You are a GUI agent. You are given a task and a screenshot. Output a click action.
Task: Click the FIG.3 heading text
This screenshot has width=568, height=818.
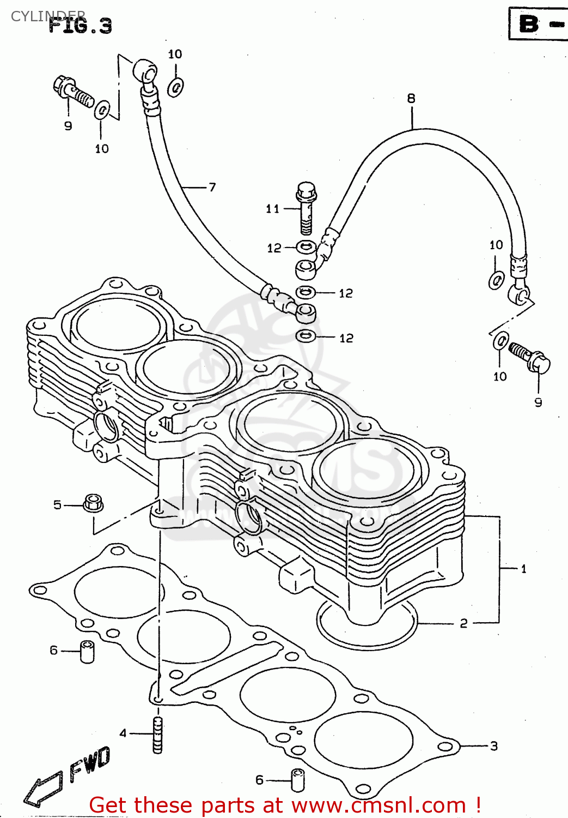(80, 26)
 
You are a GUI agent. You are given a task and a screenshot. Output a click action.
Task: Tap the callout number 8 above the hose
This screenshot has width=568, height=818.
(411, 98)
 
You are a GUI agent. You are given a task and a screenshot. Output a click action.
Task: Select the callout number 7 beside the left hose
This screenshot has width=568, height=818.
(212, 187)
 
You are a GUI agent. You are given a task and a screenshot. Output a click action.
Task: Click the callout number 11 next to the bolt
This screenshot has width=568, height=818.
(273, 208)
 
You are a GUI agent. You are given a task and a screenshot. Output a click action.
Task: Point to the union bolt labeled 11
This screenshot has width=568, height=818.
(307, 207)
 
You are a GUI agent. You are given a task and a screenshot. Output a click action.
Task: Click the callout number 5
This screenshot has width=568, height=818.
(58, 505)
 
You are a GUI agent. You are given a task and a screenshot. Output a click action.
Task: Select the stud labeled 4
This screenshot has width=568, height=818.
(158, 735)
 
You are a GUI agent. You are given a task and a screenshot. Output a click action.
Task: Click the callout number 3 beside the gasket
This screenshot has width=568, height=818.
(494, 746)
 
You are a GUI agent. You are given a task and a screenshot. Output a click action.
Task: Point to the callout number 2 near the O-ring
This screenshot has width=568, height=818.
(463, 623)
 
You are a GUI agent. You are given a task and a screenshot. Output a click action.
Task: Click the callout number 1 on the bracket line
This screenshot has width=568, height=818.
(523, 569)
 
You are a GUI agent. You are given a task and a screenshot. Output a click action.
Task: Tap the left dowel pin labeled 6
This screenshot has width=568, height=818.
(87, 652)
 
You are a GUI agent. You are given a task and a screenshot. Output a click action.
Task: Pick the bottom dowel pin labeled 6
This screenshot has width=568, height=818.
(297, 780)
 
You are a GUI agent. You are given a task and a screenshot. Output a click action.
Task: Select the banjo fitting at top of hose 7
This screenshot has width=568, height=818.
(145, 70)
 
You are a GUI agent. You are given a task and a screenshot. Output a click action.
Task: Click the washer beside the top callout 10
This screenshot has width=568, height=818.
(175, 87)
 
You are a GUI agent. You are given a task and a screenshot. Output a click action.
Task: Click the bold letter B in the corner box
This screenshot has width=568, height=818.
(529, 24)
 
